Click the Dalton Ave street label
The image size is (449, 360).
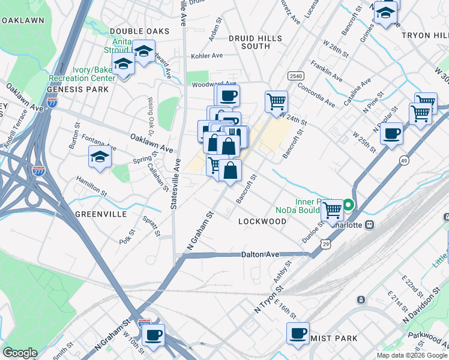261,254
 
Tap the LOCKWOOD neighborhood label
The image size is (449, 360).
262,221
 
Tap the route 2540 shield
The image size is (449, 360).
295,76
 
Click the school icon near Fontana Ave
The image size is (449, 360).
100,157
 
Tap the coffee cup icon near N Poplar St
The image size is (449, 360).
391,133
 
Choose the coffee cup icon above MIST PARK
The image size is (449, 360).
298,333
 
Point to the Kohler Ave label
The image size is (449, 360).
206,56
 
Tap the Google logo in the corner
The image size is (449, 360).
20,353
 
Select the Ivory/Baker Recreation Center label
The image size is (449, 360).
94,74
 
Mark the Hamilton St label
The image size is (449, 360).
91,187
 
